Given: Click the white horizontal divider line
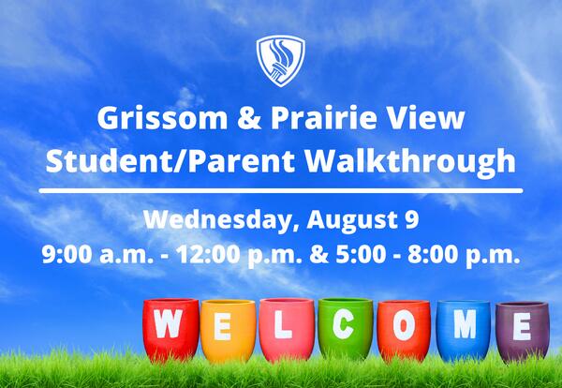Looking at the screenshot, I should [281, 190].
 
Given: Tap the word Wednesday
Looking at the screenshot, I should [204, 221].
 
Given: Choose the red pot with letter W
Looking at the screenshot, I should [170, 328].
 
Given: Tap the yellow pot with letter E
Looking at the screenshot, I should [227, 330].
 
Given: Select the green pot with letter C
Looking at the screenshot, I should [345, 328].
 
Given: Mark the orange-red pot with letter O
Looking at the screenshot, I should [403, 330].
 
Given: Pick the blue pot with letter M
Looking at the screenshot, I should [463, 328].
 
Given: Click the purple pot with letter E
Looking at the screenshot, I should [522, 331].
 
